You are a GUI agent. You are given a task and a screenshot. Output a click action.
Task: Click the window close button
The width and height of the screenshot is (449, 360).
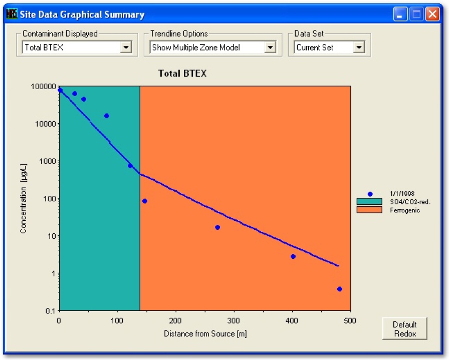point(432,15)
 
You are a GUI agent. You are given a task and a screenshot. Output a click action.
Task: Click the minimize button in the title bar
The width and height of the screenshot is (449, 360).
point(400,15)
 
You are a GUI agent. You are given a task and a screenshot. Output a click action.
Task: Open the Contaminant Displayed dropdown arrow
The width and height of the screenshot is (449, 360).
point(126,48)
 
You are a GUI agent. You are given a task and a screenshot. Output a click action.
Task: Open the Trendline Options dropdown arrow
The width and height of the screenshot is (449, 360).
point(270,48)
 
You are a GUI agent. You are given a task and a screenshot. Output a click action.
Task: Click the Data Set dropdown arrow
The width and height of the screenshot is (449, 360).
point(358,48)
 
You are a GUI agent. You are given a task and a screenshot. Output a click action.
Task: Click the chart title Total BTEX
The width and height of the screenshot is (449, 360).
point(182,74)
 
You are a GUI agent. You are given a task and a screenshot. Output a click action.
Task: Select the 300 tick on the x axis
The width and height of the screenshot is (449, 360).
point(234,320)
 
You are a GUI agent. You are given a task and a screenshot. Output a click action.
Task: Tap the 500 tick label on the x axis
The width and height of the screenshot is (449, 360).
point(350,320)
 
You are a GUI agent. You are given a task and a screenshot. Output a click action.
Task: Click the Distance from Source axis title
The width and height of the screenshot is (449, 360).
point(205,333)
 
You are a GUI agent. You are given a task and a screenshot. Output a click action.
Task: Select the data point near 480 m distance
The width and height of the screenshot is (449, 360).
point(340,289)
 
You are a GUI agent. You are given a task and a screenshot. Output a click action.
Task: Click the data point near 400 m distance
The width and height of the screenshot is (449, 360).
point(293,256)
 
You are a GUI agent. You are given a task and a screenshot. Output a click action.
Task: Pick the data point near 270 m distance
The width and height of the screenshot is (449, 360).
point(217,227)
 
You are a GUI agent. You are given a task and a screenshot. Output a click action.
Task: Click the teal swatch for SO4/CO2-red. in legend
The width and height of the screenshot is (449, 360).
point(369,202)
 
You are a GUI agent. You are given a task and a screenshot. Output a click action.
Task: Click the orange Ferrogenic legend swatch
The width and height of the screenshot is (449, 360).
point(369,210)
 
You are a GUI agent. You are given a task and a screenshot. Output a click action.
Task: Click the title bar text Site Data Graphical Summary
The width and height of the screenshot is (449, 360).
point(82,15)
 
